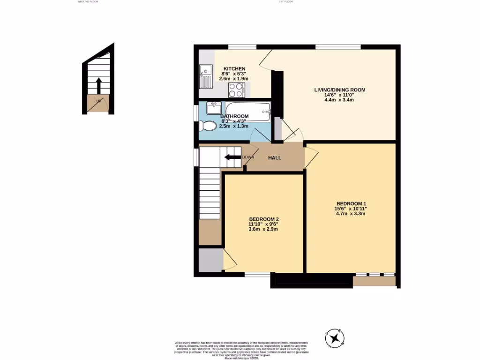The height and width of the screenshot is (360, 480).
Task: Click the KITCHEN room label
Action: click(x=234, y=69)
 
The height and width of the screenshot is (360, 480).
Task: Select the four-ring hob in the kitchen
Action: click(x=236, y=90)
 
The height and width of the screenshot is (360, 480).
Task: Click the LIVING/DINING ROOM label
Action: click(x=339, y=90)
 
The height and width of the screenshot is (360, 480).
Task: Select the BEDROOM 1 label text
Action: click(x=350, y=203)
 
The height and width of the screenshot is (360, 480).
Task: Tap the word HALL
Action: click(x=275, y=157)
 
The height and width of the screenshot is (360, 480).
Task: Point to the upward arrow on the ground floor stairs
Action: click(x=98, y=86)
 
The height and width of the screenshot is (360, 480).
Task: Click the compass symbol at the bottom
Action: click(x=335, y=338)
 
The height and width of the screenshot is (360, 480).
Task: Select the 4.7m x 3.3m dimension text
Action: click(x=350, y=214)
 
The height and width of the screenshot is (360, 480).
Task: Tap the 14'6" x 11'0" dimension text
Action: click(x=339, y=95)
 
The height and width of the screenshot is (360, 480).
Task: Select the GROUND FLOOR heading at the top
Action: click(x=88, y=2)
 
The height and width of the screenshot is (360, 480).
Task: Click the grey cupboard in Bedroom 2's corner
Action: click(x=209, y=260)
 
